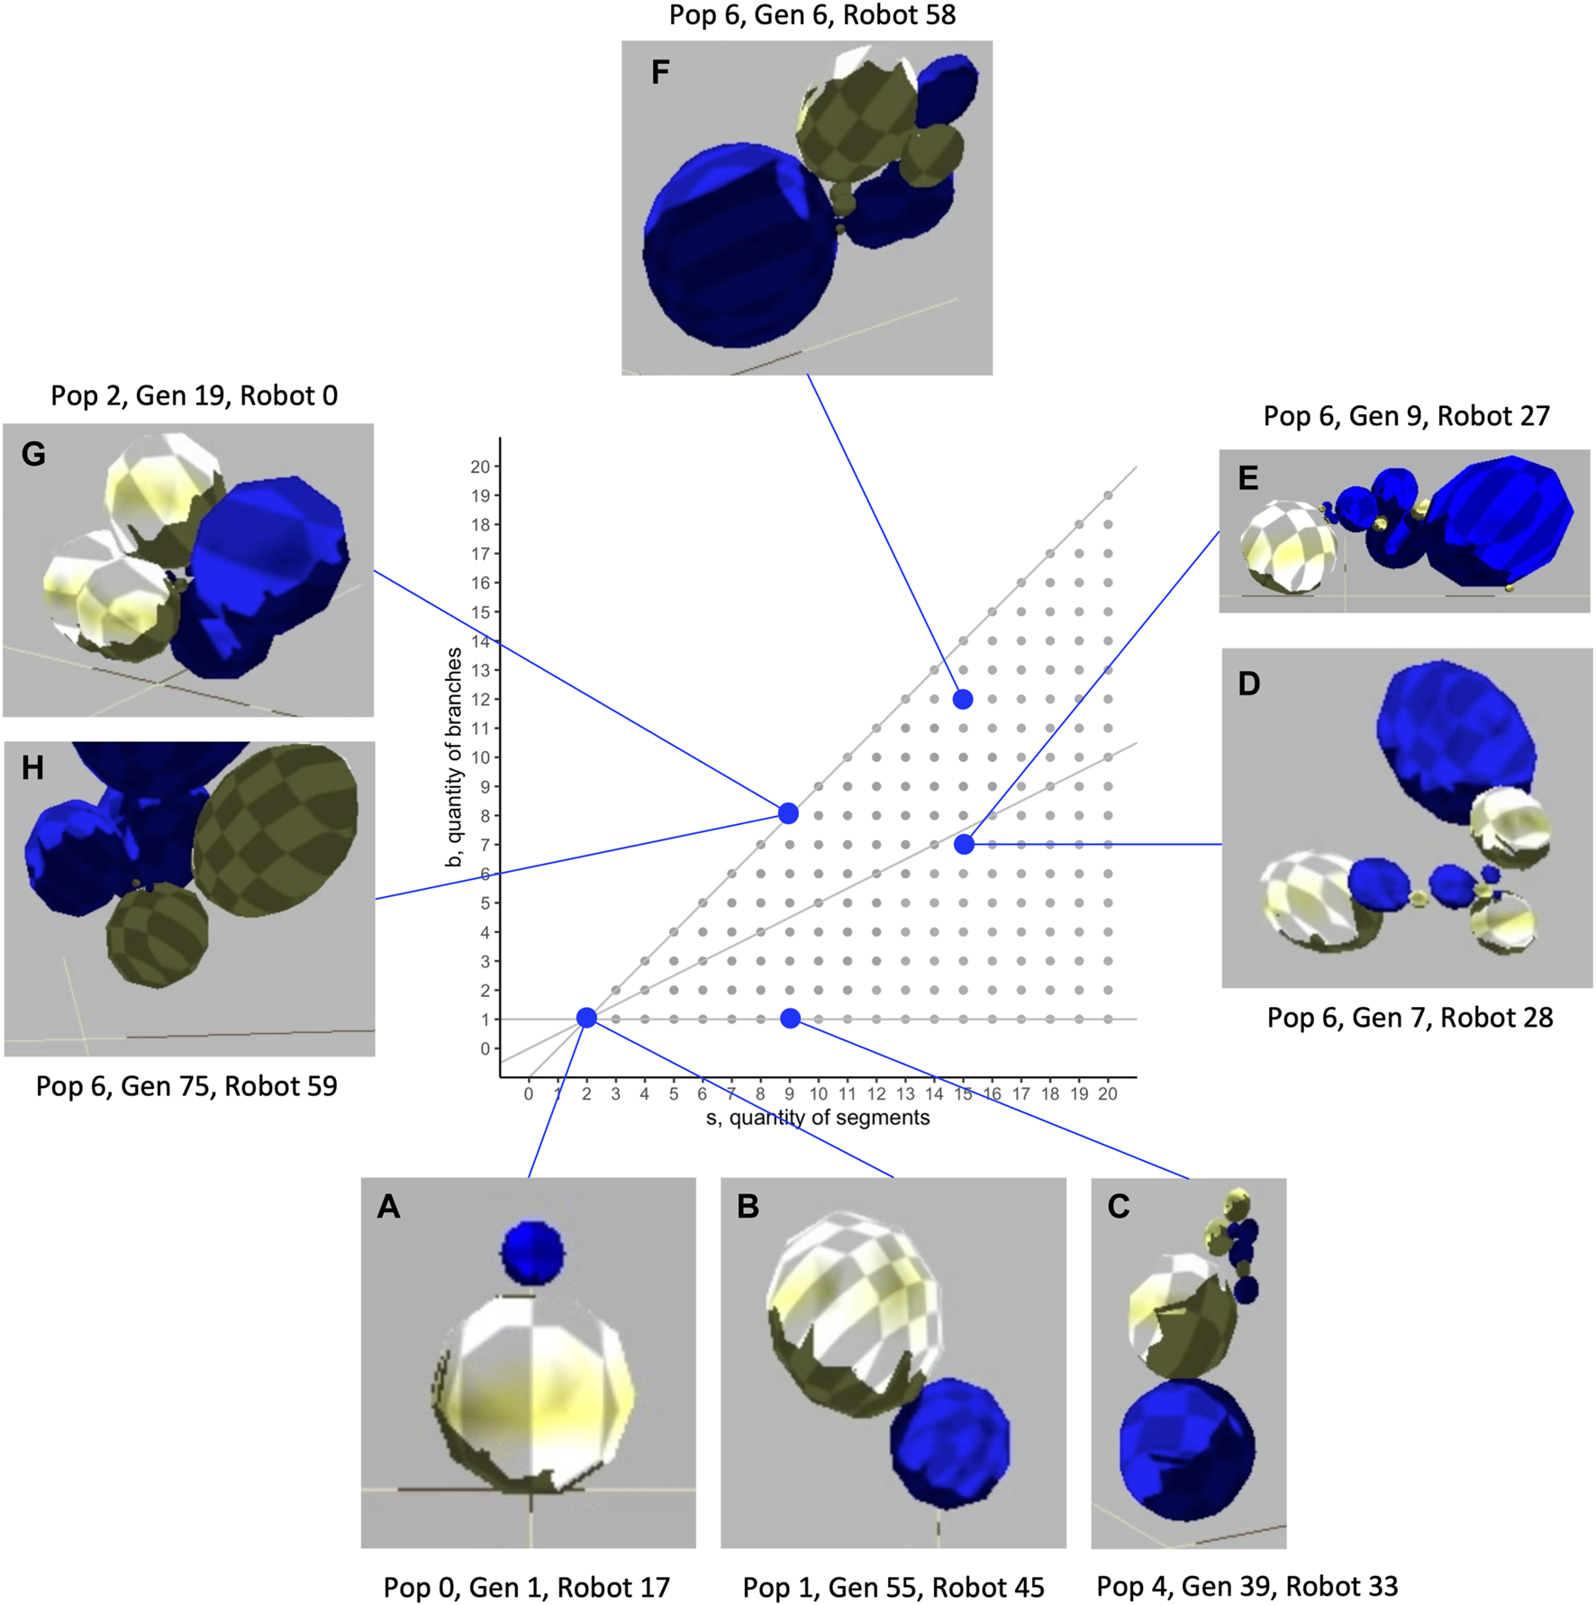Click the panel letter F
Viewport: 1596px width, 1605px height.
point(660,72)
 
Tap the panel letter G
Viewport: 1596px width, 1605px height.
point(33,454)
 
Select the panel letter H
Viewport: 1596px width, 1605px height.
point(32,768)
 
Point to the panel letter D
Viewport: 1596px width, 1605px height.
point(1248,684)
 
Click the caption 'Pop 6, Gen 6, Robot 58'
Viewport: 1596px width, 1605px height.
point(812,15)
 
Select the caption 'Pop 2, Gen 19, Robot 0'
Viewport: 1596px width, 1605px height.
point(194,395)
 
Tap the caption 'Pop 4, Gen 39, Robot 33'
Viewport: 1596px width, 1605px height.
point(1247,1586)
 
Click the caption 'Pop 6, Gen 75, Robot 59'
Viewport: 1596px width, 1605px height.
point(186,1086)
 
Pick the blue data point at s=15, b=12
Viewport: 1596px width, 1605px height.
point(963,699)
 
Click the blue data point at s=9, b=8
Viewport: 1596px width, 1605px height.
point(788,813)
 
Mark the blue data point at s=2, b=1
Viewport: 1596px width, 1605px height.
point(586,1018)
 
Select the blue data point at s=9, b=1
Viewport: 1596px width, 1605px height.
point(790,1018)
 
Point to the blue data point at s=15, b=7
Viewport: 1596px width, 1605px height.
point(964,844)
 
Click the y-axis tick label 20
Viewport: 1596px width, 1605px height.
point(479,467)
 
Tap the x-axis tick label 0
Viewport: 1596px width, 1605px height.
point(529,1094)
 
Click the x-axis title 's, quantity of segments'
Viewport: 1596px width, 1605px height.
point(817,1118)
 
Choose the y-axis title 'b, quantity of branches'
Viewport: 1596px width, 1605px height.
point(455,757)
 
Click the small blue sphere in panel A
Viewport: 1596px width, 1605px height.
point(533,1252)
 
